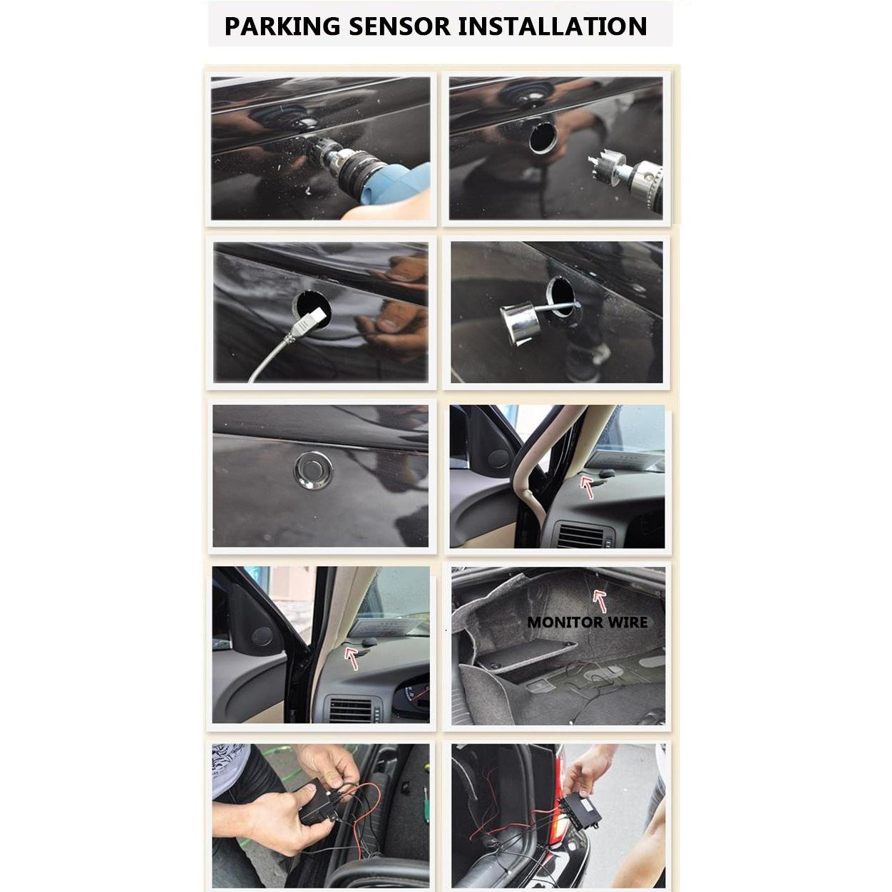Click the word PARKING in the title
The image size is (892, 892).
(282, 26)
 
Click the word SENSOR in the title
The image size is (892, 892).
(399, 26)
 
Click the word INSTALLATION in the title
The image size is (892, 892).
(552, 26)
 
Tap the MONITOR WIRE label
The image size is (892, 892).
(587, 622)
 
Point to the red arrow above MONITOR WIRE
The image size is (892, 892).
(600, 600)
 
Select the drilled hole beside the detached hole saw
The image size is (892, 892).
(543, 137)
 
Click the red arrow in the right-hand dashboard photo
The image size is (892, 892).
(587, 488)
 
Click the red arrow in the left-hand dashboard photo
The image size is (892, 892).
(352, 657)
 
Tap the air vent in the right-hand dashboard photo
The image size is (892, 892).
(583, 535)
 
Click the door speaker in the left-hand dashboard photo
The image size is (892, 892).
(262, 637)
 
